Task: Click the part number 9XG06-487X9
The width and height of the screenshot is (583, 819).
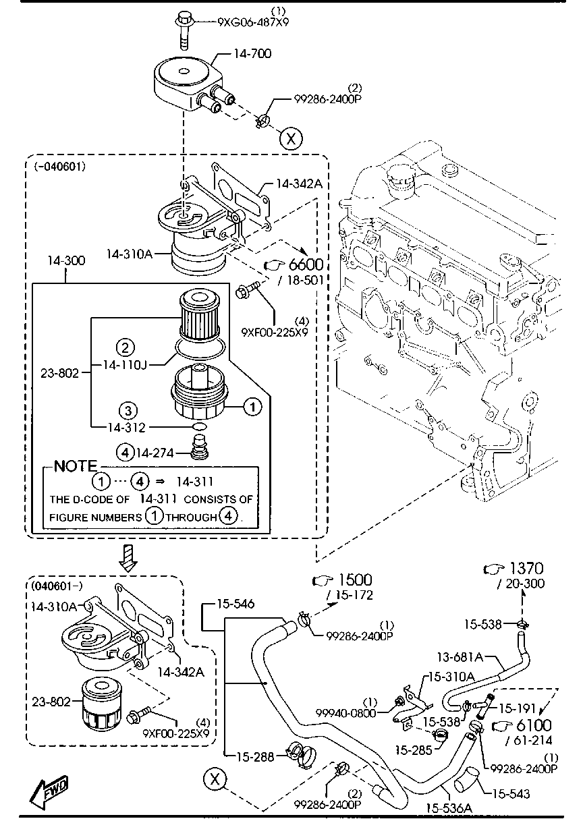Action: click(253, 22)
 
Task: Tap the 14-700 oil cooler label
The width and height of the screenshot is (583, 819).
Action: click(252, 54)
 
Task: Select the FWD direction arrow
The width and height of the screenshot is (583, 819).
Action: click(49, 793)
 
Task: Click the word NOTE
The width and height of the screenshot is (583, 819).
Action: click(76, 465)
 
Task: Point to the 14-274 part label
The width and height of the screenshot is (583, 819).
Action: click(155, 453)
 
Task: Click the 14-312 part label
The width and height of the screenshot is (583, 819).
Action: click(127, 427)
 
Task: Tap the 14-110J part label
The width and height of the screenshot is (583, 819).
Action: click(125, 364)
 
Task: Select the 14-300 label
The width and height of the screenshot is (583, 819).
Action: click(66, 260)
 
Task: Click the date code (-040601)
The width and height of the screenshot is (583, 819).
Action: click(60, 167)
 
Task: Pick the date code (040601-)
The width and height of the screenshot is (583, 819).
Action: click(57, 586)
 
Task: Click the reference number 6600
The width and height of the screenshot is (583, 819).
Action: click(306, 264)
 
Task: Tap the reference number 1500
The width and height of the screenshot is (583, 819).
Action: click(355, 580)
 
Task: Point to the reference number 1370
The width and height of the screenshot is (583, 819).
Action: click(526, 568)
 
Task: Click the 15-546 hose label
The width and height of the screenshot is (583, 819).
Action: click(235, 603)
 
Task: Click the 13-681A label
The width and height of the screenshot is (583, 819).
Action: click(460, 657)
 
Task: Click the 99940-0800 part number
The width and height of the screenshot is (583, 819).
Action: click(345, 713)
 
